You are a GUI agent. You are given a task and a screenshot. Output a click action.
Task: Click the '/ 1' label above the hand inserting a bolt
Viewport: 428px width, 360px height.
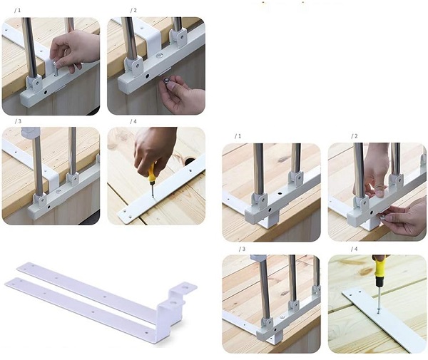click(17, 11)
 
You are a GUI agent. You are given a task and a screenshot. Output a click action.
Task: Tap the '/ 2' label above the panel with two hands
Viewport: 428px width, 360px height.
click(355, 136)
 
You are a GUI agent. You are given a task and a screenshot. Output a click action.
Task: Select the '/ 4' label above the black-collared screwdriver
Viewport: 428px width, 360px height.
click(354, 249)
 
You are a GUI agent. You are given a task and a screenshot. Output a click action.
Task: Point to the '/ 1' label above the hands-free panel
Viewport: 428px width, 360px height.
click(238, 136)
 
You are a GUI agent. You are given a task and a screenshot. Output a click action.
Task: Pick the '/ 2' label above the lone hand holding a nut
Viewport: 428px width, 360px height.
click(133, 11)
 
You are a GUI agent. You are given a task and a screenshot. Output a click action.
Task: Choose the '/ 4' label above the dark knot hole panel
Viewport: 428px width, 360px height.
click(133, 121)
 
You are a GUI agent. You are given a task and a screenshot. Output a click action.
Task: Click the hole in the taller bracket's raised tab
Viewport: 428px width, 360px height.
click(186, 287)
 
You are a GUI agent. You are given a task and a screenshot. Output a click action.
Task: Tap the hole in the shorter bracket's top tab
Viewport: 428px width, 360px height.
click(173, 303)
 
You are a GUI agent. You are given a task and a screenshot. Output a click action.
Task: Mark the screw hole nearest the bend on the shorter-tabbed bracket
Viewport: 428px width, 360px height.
click(147, 333)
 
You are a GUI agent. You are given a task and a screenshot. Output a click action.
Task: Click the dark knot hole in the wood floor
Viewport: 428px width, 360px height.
click(190, 161)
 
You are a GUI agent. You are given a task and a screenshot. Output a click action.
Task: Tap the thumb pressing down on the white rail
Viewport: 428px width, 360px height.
click(380, 192)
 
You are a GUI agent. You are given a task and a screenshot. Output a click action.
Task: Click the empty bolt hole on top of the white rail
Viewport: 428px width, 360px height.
click(280, 193)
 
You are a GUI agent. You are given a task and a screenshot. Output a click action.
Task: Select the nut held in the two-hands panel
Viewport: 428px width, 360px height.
click(382, 217)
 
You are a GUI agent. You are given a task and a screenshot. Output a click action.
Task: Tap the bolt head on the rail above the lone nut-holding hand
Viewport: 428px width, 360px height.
click(159, 56)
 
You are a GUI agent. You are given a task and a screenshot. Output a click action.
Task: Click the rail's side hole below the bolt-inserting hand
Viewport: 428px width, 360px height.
click(46, 92)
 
